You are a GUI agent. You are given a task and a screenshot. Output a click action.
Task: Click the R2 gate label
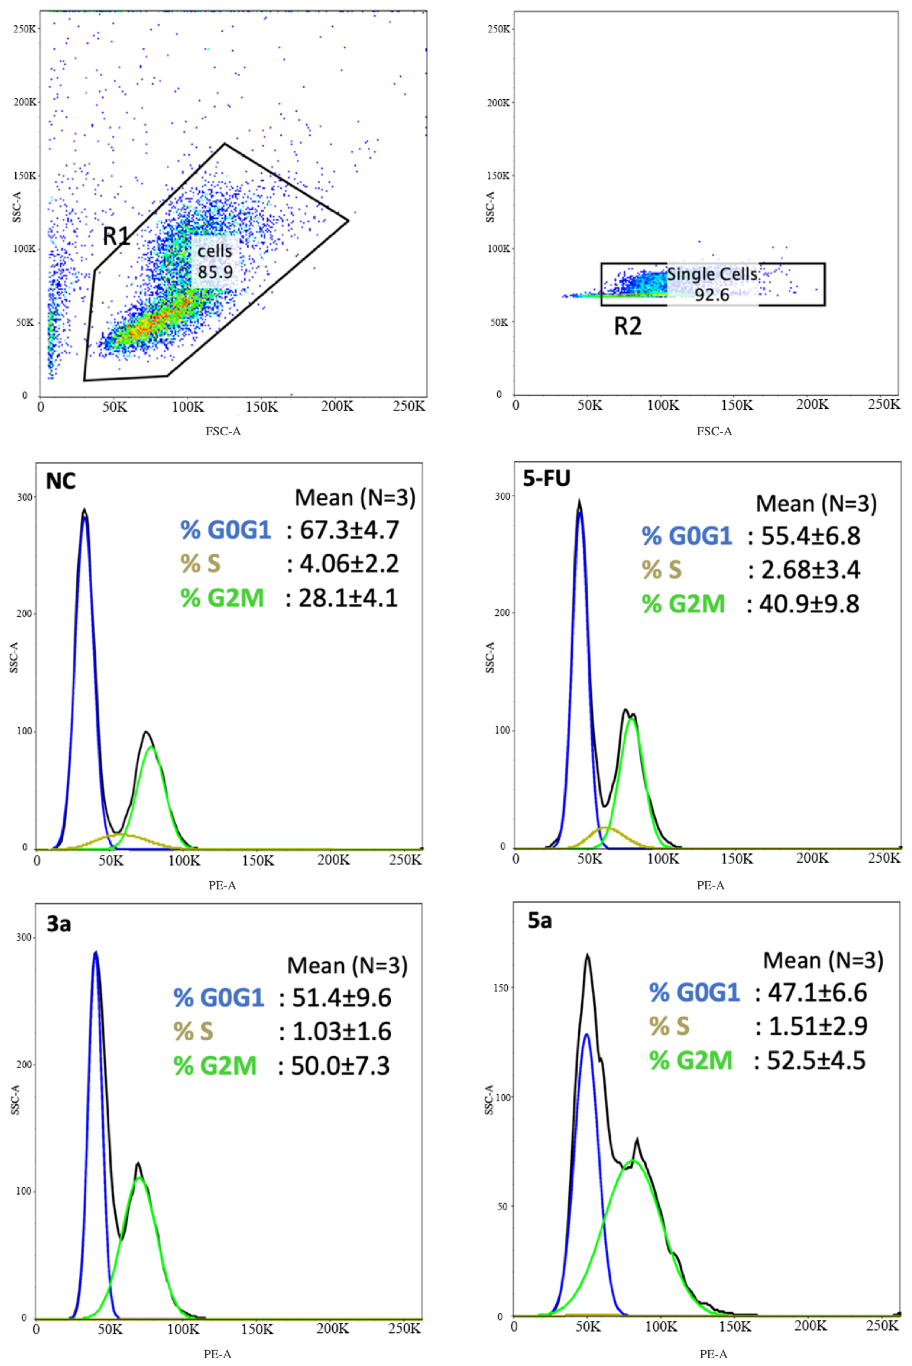pos(628,326)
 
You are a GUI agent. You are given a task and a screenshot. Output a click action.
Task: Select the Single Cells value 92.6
pos(712,295)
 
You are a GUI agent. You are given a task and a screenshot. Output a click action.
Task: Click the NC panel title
pos(60,482)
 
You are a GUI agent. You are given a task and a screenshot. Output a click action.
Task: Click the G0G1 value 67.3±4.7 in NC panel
pos(349,530)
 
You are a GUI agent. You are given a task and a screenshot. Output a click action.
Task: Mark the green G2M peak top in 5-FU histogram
pos(632,719)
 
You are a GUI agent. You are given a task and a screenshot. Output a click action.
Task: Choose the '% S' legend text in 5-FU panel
pos(661,570)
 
